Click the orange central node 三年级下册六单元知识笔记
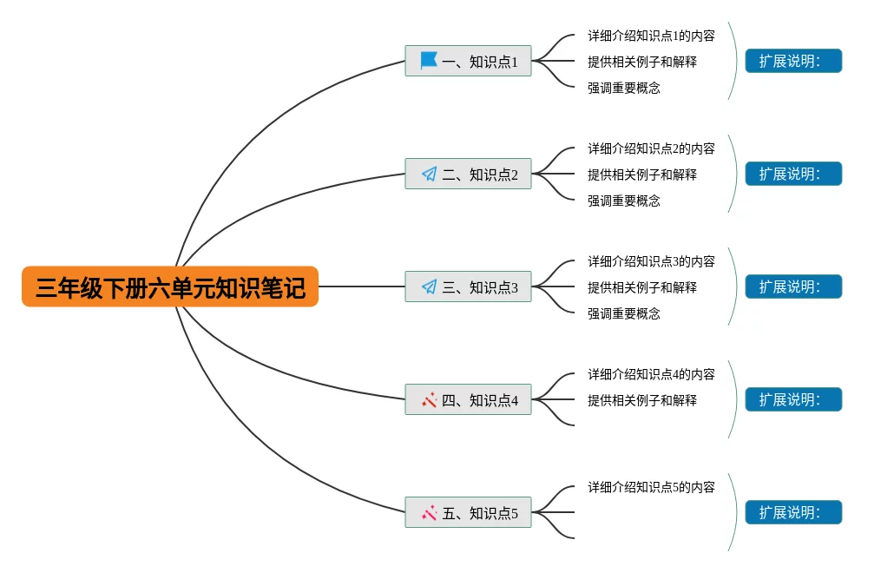170,286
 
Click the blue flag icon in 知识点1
429,61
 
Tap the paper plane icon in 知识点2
429,174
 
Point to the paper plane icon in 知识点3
429,286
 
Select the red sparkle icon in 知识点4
429,399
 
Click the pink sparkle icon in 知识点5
429,512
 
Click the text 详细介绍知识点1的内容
651,36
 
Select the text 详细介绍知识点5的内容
651,487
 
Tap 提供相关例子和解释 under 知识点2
641,175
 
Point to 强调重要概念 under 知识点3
623,313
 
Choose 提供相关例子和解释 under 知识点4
641,400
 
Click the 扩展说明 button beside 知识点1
793,61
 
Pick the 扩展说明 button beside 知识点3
793,286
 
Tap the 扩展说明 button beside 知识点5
793,512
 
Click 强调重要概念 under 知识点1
623,88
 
